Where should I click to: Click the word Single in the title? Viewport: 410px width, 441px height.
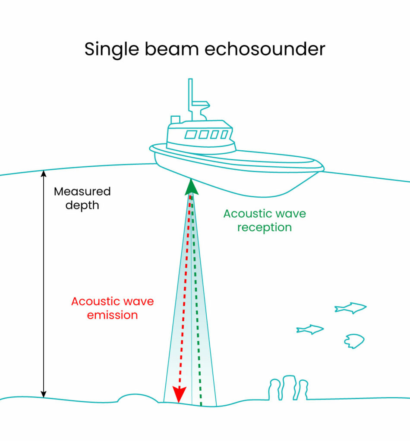pyautogui.click(x=112, y=50)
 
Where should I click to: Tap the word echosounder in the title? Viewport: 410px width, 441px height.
pyautogui.click(x=265, y=49)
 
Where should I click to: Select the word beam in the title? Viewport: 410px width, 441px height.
pyautogui.click(x=172, y=49)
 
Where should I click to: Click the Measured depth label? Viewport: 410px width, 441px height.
pyautogui.click(x=82, y=198)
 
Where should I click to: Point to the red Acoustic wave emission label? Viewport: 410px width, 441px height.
pyautogui.click(x=113, y=308)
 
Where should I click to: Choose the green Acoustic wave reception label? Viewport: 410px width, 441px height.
pyautogui.click(x=265, y=220)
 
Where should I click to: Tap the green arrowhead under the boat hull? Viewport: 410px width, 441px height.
pyautogui.click(x=191, y=187)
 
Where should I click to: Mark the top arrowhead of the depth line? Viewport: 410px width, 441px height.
pyautogui.click(x=44, y=174)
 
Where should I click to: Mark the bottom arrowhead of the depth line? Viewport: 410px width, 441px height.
pyautogui.click(x=44, y=394)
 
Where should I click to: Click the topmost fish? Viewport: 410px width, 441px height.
pyautogui.click(x=350, y=308)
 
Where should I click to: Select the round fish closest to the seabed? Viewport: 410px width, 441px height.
pyautogui.click(x=354, y=341)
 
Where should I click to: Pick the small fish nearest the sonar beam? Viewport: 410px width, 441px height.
pyautogui.click(x=310, y=329)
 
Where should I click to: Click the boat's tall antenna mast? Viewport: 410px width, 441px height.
pyautogui.click(x=190, y=99)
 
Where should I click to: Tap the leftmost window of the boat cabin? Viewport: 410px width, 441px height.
pyautogui.click(x=191, y=134)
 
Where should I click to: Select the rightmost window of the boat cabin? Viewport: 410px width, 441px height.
pyautogui.click(x=224, y=134)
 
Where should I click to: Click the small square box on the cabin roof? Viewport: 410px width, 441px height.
pyautogui.click(x=175, y=120)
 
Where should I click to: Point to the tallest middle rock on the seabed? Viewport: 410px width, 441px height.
pyautogui.click(x=289, y=387)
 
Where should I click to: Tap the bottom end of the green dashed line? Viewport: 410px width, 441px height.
pyautogui.click(x=201, y=405)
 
